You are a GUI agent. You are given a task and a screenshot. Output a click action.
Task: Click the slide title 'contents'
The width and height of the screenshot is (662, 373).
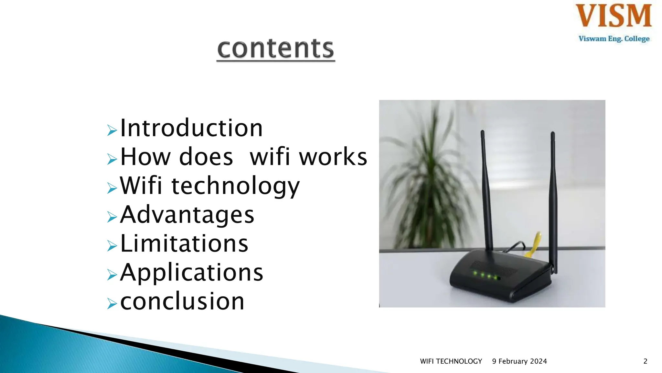pyautogui.click(x=275, y=49)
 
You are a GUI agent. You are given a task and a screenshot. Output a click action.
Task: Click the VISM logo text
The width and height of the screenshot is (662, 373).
pyautogui.click(x=614, y=16)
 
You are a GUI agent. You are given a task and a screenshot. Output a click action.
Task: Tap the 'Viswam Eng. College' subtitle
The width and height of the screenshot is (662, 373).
pyautogui.click(x=614, y=39)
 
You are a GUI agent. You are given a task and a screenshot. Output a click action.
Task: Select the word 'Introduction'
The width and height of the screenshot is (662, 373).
pyautogui.click(x=191, y=128)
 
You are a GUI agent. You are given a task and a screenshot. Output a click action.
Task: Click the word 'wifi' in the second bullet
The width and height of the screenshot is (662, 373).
pyautogui.click(x=270, y=157)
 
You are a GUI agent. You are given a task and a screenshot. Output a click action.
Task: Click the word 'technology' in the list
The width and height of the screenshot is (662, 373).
pyautogui.click(x=235, y=186)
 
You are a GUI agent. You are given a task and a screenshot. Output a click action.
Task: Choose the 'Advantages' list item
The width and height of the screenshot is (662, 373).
pyautogui.click(x=187, y=215)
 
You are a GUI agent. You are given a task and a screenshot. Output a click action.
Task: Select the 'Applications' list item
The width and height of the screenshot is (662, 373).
pyautogui.click(x=192, y=273)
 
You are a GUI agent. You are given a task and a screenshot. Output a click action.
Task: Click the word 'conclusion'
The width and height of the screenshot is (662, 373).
pyautogui.click(x=182, y=301)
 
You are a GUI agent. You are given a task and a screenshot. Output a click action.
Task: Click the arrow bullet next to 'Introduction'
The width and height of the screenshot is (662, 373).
pyautogui.click(x=112, y=130)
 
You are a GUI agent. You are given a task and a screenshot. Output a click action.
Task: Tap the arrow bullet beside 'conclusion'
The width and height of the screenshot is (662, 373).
pyautogui.click(x=112, y=304)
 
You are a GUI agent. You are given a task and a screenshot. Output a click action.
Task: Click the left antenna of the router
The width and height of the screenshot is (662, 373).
pyautogui.click(x=486, y=191)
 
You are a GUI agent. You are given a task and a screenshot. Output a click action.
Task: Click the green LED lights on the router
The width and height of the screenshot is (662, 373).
pyautogui.click(x=485, y=276)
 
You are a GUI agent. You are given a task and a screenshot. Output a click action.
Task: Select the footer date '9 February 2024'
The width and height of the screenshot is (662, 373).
pyautogui.click(x=519, y=361)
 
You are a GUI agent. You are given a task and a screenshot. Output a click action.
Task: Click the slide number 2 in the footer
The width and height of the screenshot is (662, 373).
pyautogui.click(x=645, y=361)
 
